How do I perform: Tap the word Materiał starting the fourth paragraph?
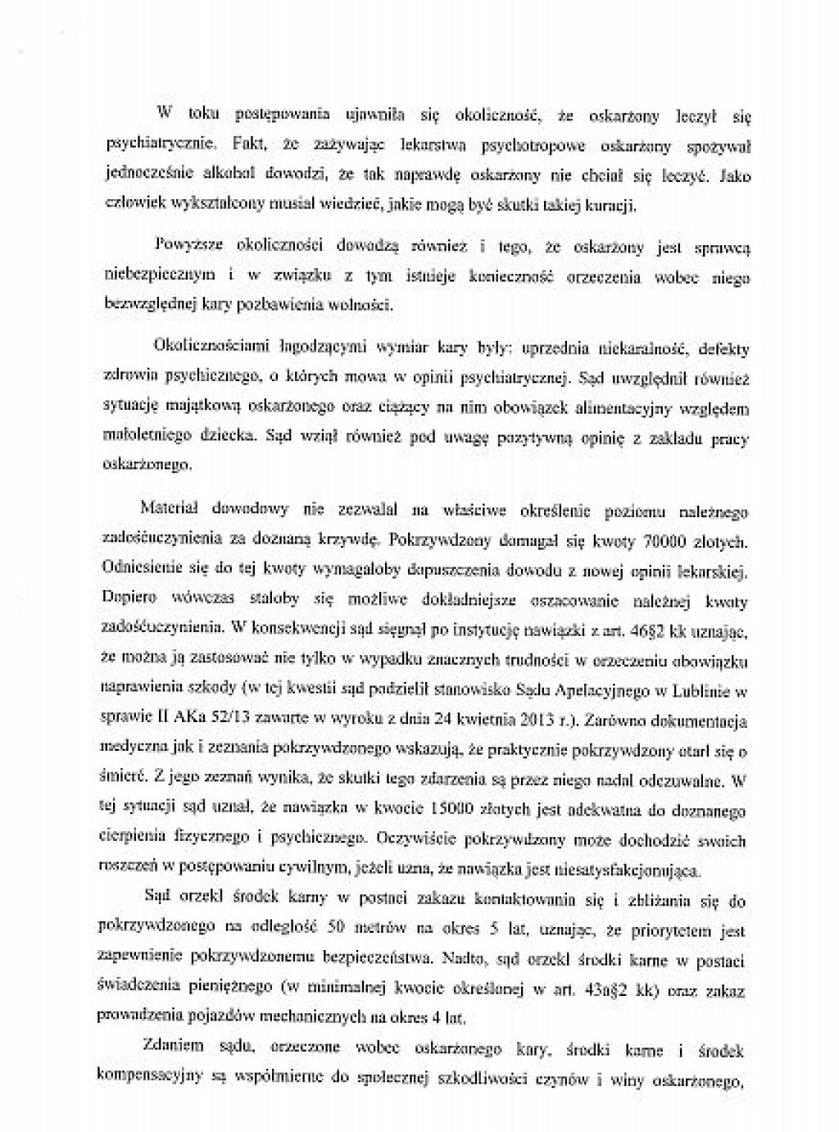(x=166, y=509)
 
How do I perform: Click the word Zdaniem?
(x=168, y=1048)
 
